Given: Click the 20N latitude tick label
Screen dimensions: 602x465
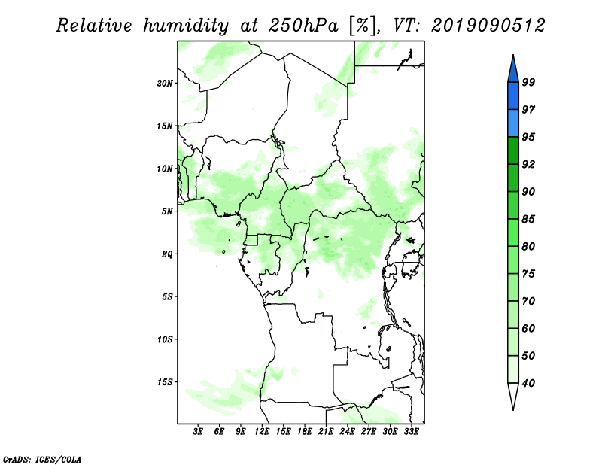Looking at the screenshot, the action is [x=165, y=84].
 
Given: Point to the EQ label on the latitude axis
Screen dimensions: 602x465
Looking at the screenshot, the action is [x=166, y=254].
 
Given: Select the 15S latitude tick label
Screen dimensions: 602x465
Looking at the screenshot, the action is [x=165, y=382].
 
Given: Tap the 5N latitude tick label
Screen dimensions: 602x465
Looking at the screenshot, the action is [x=167, y=211].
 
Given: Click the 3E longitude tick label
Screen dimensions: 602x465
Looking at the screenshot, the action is [x=198, y=432].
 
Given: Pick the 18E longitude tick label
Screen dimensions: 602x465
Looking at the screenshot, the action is [x=305, y=432].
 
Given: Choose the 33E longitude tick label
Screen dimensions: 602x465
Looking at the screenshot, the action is [x=411, y=432].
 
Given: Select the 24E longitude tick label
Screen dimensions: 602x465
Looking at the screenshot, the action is [x=347, y=432].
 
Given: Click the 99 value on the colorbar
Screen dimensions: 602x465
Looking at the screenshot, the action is [x=528, y=82].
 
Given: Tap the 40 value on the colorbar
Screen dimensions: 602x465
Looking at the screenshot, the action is [x=528, y=383].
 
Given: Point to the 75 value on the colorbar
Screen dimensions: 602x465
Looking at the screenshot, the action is [x=528, y=274].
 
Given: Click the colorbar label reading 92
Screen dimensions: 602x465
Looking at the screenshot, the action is [x=528, y=164].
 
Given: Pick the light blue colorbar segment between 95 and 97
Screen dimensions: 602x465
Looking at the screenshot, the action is [x=513, y=123].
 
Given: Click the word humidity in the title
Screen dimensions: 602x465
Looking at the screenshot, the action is [x=186, y=26].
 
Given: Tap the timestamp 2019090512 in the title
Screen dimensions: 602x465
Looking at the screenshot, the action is [x=488, y=26].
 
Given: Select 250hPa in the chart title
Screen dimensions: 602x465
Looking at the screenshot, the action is [x=303, y=26].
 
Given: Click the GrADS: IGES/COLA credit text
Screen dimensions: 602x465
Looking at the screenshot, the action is [x=42, y=459].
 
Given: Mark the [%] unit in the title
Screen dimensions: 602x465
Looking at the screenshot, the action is [x=363, y=26].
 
